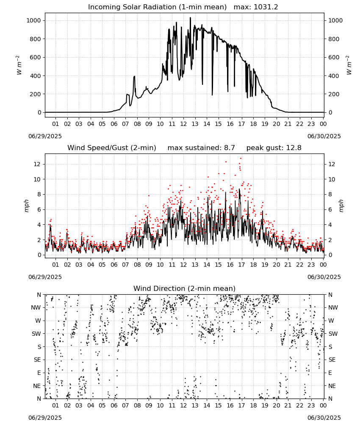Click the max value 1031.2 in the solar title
click(x=266, y=7)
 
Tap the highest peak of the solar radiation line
click(x=190, y=17)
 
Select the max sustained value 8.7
click(x=229, y=148)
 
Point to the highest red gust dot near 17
click(x=241, y=159)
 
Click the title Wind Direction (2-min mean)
click(x=185, y=288)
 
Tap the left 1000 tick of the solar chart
click(x=34, y=20)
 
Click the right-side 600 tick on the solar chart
click(x=334, y=57)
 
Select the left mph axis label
click(x=26, y=206)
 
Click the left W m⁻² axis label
click(x=19, y=65)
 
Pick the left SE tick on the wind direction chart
click(x=37, y=360)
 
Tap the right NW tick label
click(x=333, y=307)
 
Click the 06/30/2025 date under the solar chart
click(x=324, y=136)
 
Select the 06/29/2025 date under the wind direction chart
click(x=45, y=418)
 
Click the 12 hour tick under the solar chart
click(x=183, y=124)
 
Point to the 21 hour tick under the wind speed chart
click(x=288, y=265)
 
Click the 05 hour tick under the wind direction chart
click(x=102, y=405)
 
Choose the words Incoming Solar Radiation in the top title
click(x=132, y=7)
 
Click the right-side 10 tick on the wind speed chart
click(x=332, y=179)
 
